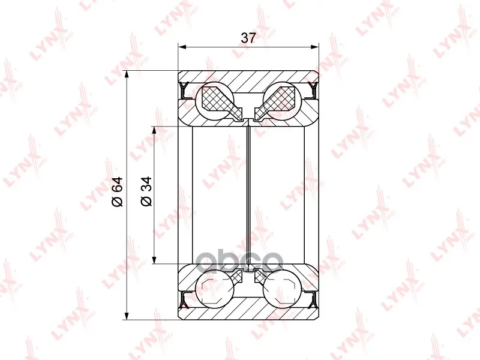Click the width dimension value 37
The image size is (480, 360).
click(248, 38)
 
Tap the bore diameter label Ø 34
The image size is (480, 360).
click(146, 191)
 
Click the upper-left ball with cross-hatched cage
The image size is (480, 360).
click(218, 99)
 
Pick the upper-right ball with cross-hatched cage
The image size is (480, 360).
click(280, 99)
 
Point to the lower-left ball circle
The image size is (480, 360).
click(214, 289)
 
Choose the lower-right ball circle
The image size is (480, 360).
click(281, 289)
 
